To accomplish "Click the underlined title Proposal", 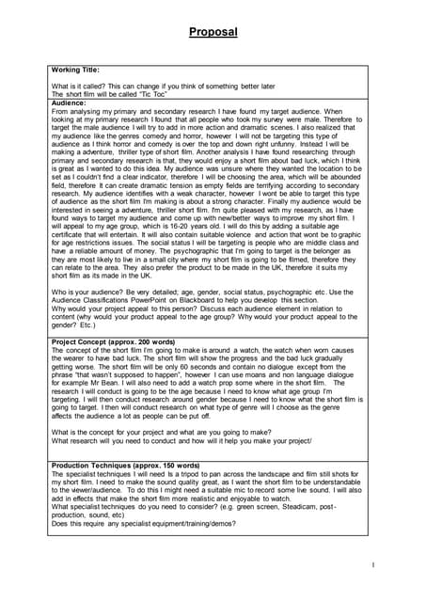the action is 213,31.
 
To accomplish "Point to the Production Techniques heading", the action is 124,465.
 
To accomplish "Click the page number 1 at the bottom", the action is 373,564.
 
